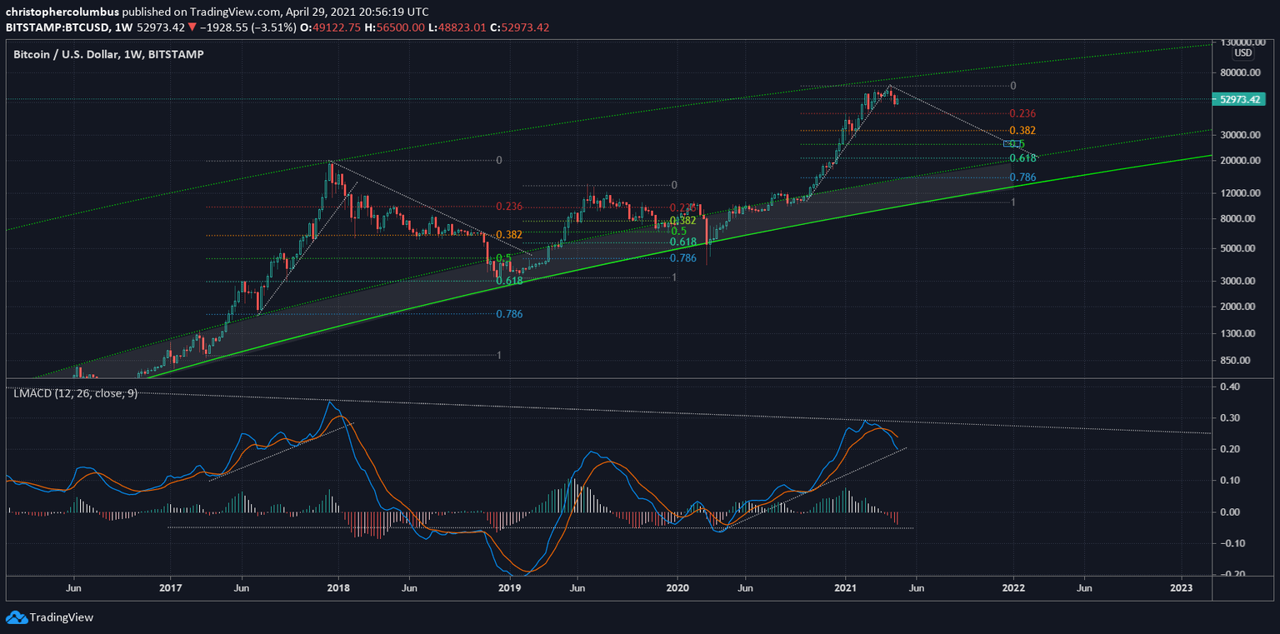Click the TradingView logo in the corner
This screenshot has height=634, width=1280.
49,617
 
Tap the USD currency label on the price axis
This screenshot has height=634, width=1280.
1242,53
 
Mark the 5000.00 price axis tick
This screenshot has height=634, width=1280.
1238,248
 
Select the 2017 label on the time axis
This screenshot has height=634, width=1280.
171,588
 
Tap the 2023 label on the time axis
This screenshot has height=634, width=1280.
1181,588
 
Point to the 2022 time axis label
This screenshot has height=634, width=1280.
1013,588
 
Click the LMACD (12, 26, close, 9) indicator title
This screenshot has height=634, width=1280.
75,393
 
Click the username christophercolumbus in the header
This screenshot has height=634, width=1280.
63,12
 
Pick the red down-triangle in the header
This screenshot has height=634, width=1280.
192,27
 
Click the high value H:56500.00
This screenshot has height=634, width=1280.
398,27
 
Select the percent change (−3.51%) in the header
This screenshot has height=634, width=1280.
269,27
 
